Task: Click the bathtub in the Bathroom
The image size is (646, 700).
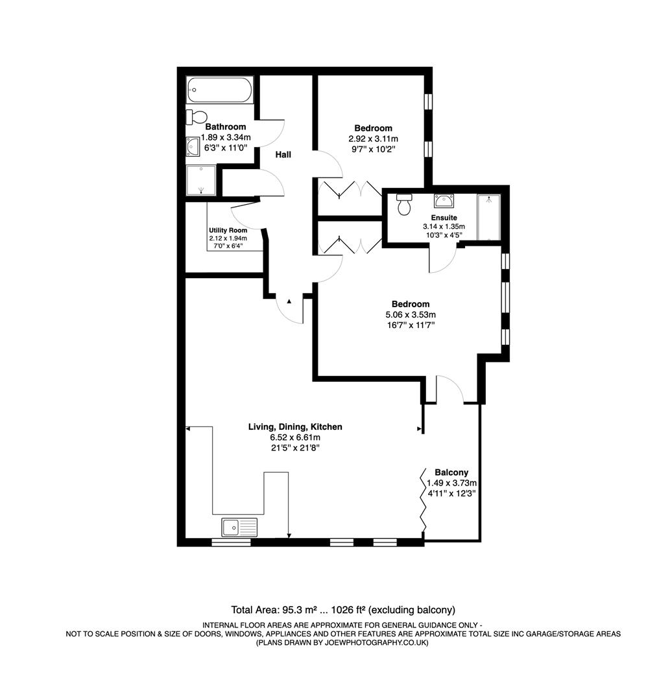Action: click(219, 91)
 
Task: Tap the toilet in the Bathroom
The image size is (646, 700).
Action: click(197, 117)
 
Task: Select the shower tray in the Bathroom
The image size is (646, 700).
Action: click(201, 180)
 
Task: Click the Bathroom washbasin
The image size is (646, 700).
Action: click(193, 147)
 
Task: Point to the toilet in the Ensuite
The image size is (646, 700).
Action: click(405, 204)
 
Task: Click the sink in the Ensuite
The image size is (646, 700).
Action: click(444, 200)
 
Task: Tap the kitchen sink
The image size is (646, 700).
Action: click(239, 527)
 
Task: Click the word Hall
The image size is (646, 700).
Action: click(283, 155)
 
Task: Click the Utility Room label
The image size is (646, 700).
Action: click(228, 231)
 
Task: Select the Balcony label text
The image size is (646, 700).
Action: click(451, 472)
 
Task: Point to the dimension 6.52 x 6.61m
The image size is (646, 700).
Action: click(295, 437)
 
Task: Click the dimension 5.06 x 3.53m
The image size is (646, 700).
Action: click(410, 315)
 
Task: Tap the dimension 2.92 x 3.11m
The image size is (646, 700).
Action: click(373, 139)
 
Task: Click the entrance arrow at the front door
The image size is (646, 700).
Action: click(289, 301)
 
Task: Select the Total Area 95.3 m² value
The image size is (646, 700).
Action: click(302, 610)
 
